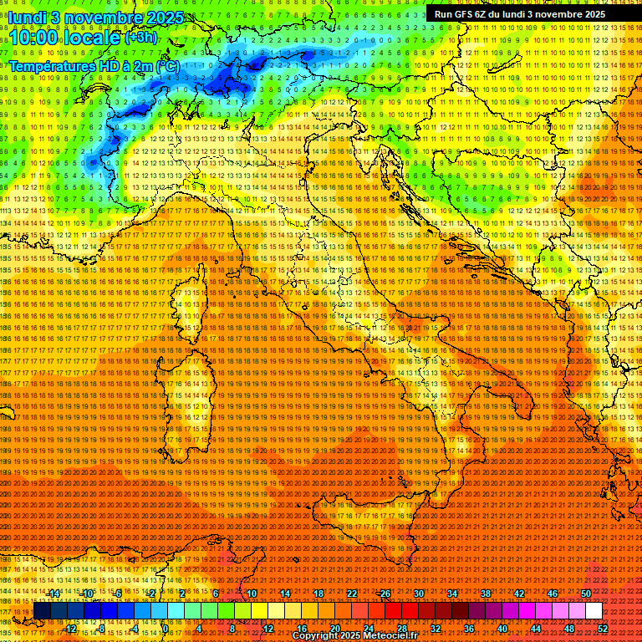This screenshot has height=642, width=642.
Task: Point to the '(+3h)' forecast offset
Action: coord(140,38)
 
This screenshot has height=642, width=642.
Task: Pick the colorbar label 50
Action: coord(586,594)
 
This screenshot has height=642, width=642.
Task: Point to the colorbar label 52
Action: coord(603,628)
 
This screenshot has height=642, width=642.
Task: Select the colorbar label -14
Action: coord(53,594)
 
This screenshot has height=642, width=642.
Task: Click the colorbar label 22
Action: coord(352,594)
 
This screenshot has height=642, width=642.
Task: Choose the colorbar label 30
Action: coord(419,594)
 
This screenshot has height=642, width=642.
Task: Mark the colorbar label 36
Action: coord(469,628)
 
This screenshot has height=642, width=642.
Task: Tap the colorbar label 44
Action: coord(536,628)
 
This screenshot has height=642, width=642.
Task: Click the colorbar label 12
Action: coord(268,628)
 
